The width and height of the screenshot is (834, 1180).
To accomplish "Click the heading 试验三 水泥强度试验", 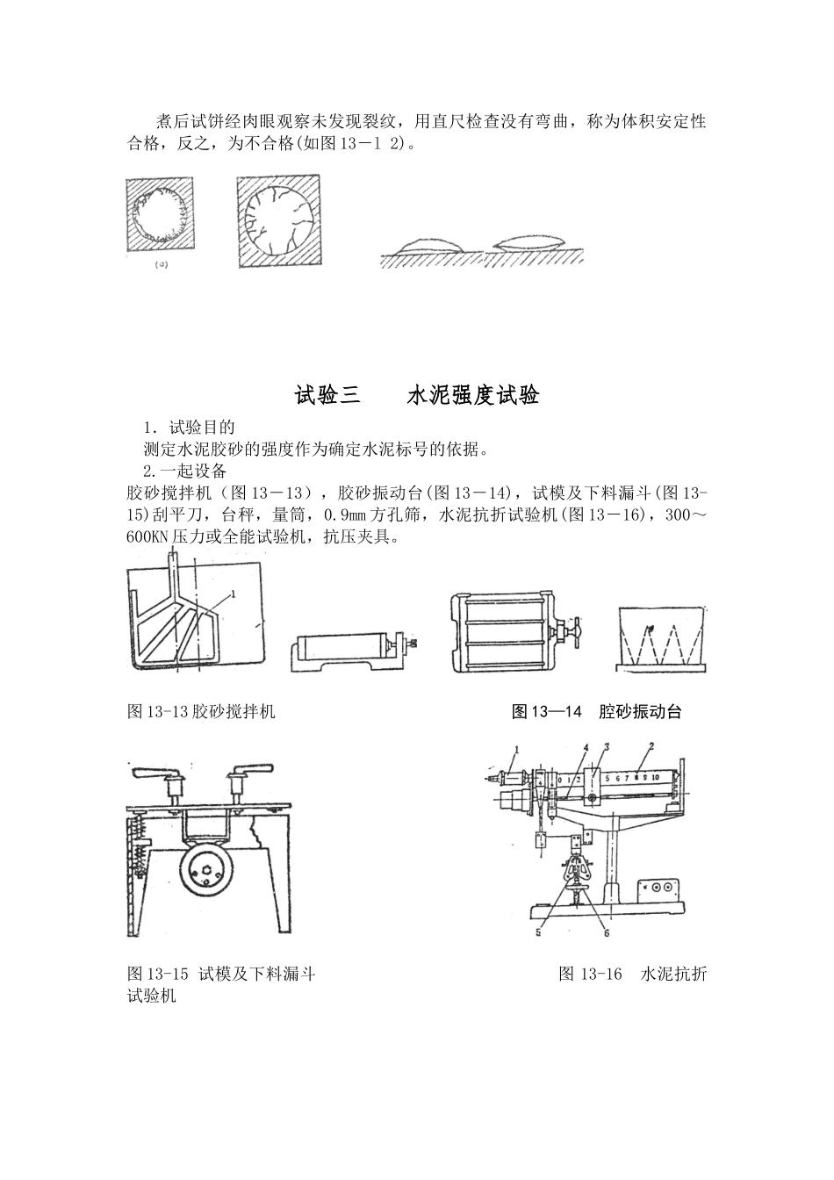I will pyautogui.click(x=416, y=396).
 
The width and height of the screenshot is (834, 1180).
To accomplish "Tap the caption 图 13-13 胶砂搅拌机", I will pyautogui.click(x=201, y=712).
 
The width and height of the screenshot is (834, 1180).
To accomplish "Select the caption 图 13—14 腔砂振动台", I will pyautogui.click(x=596, y=712).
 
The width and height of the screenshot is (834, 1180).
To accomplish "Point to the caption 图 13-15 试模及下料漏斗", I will pyautogui.click(x=221, y=974).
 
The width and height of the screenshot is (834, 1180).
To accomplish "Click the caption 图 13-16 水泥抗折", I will pyautogui.click(x=632, y=974).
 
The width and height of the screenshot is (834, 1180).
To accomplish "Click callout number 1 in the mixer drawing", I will pyautogui.click(x=233, y=594).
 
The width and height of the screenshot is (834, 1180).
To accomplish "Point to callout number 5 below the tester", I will pyautogui.click(x=539, y=933).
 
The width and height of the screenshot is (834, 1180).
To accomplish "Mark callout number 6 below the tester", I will pyautogui.click(x=606, y=933).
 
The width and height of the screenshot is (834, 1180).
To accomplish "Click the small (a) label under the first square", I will pyautogui.click(x=161, y=263).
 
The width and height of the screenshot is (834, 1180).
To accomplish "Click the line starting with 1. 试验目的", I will pyautogui.click(x=189, y=428).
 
